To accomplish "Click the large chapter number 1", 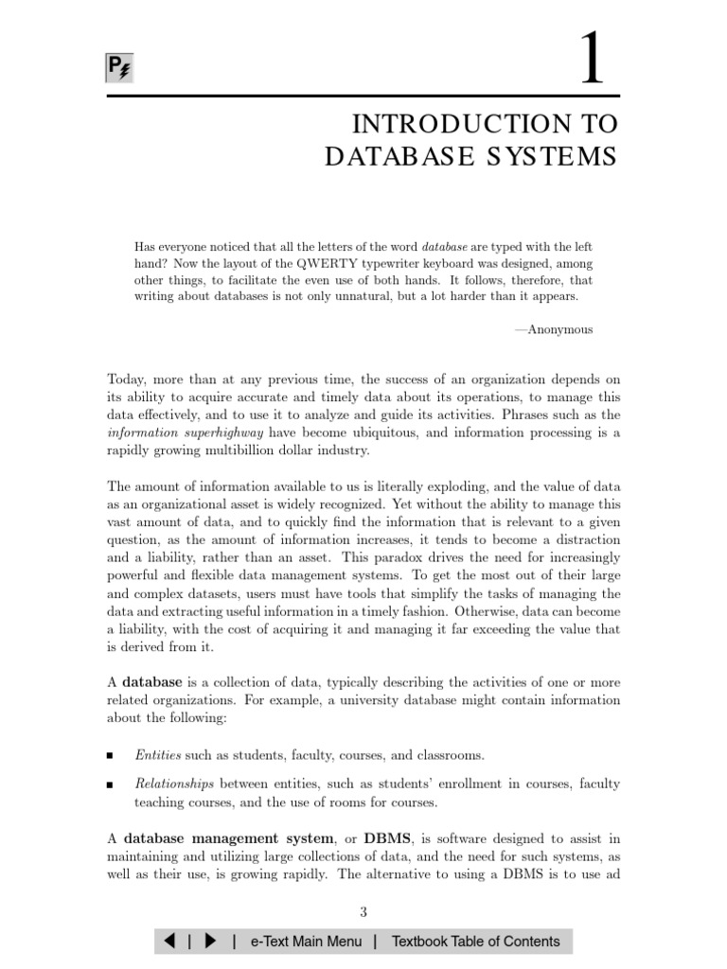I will [x=593, y=60].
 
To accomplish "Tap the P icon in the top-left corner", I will [x=117, y=69].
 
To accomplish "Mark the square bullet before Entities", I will [x=111, y=756].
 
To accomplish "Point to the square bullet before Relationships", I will [x=111, y=784].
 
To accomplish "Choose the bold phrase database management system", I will [x=228, y=838].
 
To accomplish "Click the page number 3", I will [x=363, y=912].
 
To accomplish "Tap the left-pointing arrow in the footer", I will [x=168, y=941].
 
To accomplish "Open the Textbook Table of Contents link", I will [x=475, y=941].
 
